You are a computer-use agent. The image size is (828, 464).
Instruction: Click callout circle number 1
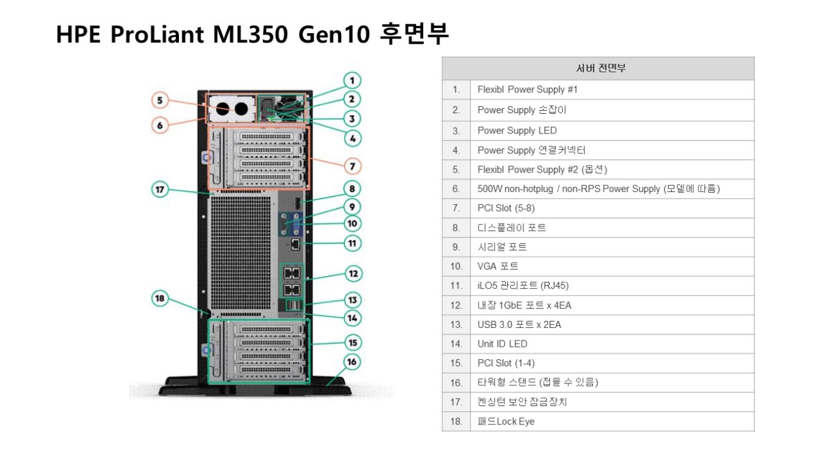coord(352,81)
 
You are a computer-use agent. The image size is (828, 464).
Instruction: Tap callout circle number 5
coord(160,101)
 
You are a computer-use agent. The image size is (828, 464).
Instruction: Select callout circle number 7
coord(352,166)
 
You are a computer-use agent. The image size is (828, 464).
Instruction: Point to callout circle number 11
coord(352,243)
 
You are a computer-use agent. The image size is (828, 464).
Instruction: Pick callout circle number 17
coord(160,190)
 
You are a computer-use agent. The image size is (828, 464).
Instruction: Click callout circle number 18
coord(160,299)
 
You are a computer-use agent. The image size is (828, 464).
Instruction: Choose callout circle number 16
coord(352,362)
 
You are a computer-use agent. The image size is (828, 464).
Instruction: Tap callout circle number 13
coord(352,300)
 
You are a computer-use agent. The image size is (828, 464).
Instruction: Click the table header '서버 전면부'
coord(598,68)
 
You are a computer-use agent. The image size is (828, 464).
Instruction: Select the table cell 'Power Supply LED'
coord(517,130)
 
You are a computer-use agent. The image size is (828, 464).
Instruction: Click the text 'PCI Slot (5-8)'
coord(506,208)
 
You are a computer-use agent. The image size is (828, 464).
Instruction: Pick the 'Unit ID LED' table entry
coord(502,344)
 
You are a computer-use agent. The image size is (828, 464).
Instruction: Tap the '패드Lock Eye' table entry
coord(506,422)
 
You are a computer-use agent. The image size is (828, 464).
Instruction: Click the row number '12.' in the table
coord(456,305)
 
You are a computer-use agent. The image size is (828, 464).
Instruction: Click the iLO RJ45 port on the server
coord(296,244)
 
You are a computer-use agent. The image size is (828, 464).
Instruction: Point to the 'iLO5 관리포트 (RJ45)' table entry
coord(523,286)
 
